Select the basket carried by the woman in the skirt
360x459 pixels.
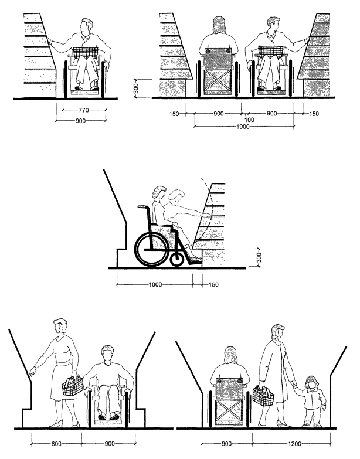(73, 387)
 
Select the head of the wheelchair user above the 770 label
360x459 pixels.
(87, 27)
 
